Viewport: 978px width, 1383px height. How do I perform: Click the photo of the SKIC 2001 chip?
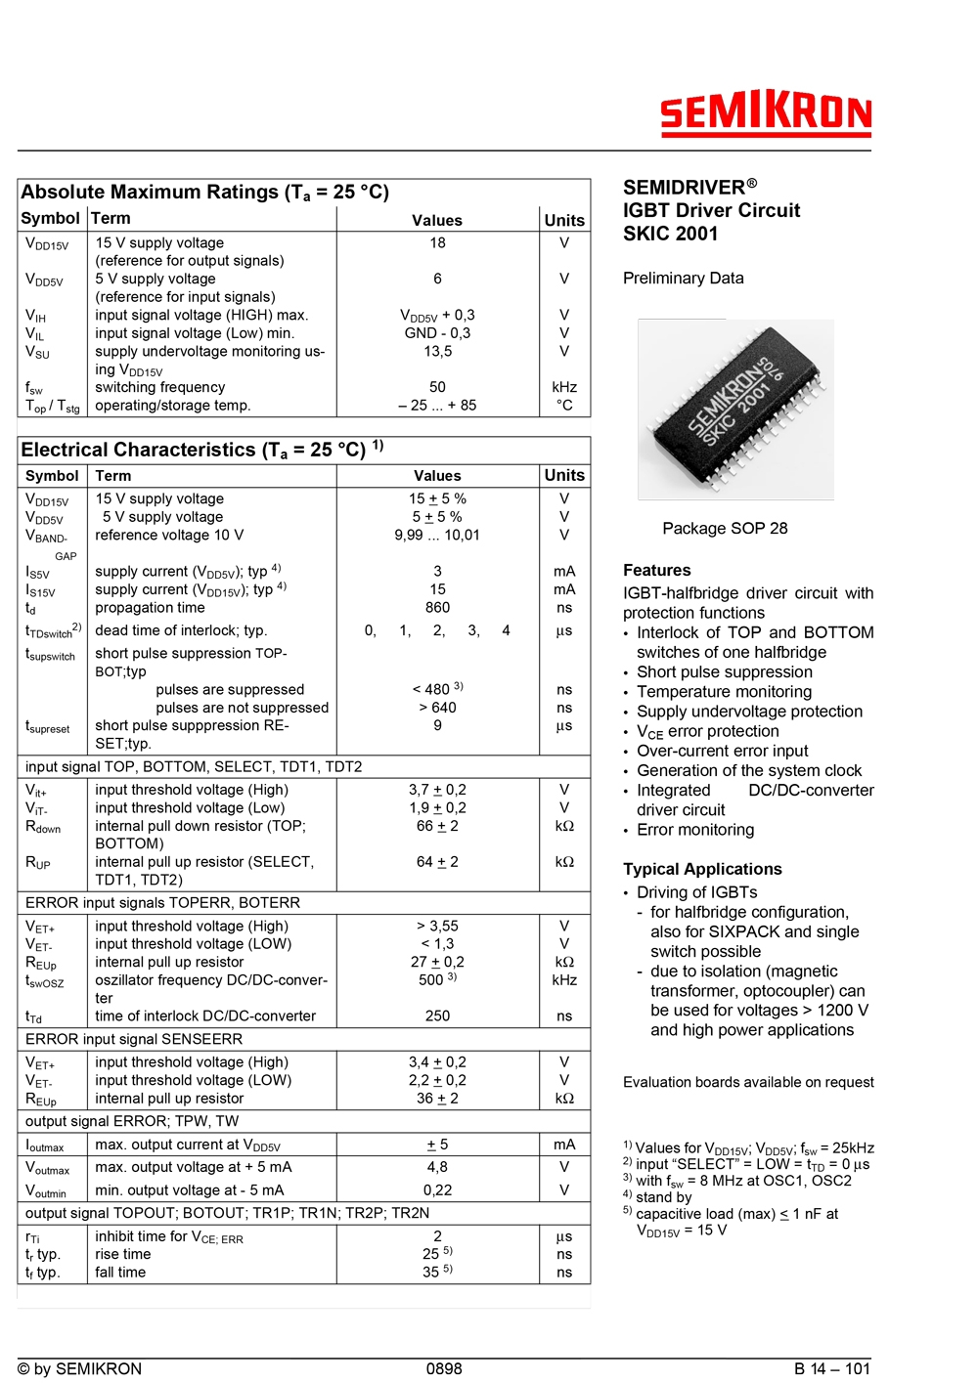(735, 409)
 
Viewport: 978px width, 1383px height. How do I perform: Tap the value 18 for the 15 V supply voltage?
(437, 243)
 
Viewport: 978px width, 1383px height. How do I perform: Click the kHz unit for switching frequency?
(564, 387)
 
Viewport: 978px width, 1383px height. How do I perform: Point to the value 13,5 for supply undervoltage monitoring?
(437, 351)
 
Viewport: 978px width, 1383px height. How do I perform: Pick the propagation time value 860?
(437, 607)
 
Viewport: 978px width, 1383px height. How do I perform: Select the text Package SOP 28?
(725, 529)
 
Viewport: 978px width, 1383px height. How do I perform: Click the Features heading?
(656, 571)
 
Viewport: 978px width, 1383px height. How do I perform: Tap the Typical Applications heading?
(702, 869)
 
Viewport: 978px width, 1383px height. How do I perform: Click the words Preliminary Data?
(683, 279)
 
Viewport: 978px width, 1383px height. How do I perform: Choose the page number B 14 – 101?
(831, 1368)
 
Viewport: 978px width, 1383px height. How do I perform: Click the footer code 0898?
(444, 1368)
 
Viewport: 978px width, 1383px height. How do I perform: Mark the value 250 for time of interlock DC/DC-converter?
(437, 1016)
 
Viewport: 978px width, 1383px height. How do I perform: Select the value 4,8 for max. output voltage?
(437, 1167)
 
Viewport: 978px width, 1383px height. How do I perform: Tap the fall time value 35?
(431, 1273)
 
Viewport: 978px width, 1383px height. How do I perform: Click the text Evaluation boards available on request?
(748, 1082)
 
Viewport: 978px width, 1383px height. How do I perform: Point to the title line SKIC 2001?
(670, 234)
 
